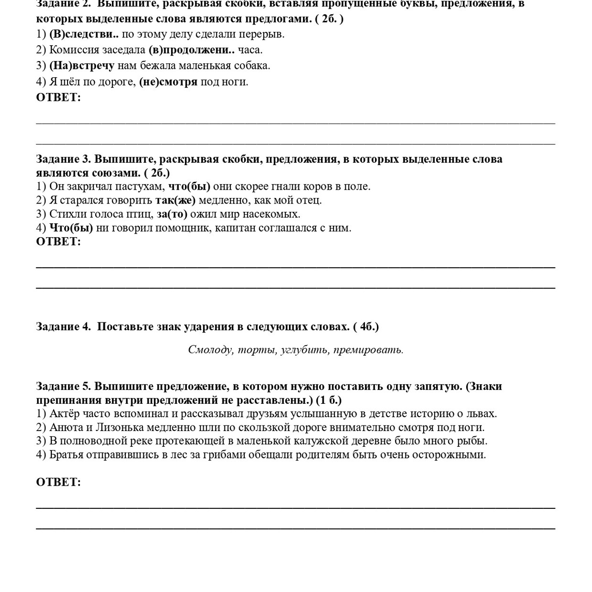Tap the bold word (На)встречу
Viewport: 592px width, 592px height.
pyautogui.click(x=81, y=66)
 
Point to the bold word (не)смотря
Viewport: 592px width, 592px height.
pyautogui.click(x=168, y=82)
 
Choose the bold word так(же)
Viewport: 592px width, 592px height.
pyautogui.click(x=175, y=200)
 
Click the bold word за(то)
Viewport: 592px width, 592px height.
pyautogui.click(x=172, y=214)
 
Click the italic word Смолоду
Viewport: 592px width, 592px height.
pyautogui.click(x=210, y=350)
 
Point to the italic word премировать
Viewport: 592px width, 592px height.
pyautogui.click(x=368, y=350)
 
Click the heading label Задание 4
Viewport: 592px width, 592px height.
pyautogui.click(x=64, y=327)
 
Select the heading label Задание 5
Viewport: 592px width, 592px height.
pyautogui.click(x=64, y=386)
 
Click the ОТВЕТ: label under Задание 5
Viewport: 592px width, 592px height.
pyautogui.click(x=58, y=482)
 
